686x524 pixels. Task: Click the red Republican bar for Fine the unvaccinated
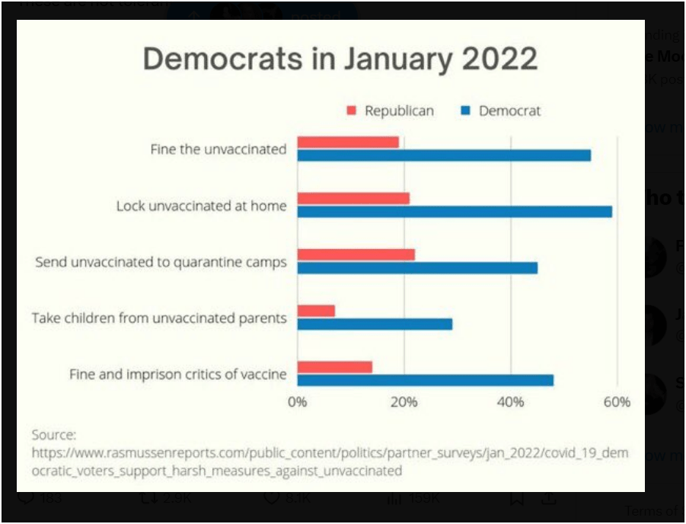(348, 142)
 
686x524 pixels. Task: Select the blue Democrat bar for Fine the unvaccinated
(444, 155)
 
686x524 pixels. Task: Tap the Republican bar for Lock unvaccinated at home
(353, 199)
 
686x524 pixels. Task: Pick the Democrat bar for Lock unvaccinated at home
(455, 212)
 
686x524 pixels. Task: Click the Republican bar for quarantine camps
(356, 254)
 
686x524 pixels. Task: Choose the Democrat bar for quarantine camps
(417, 268)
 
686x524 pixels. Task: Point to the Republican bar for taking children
(316, 311)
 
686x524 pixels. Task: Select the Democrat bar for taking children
(375, 324)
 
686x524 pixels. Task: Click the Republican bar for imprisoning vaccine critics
(335, 367)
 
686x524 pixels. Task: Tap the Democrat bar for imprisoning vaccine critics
(426, 380)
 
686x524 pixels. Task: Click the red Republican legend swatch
(351, 111)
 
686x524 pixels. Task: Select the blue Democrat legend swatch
(465, 111)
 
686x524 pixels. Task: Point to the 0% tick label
(297, 402)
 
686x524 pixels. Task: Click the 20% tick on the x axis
(404, 402)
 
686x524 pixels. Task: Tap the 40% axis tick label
(511, 402)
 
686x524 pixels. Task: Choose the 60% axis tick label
(617, 402)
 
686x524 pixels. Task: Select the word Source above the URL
(53, 435)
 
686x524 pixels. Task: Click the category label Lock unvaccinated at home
(201, 206)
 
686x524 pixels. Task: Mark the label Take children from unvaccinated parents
(158, 318)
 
